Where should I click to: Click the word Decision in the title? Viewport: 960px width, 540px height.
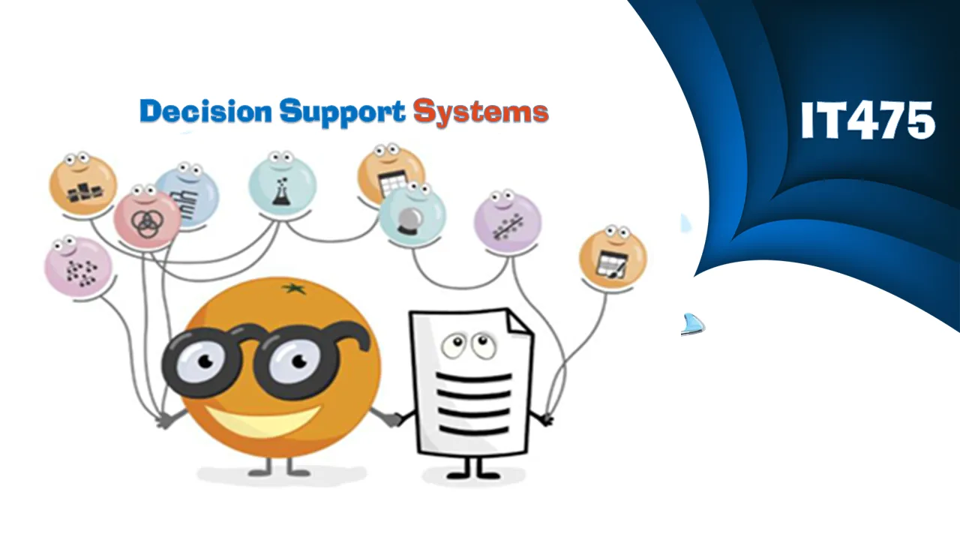(205, 112)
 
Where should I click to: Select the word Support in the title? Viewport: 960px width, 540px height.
(342, 113)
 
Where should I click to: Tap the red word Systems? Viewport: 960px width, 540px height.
(481, 113)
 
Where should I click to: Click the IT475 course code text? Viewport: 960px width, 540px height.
(868, 120)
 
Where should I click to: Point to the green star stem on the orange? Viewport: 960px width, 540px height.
(294, 289)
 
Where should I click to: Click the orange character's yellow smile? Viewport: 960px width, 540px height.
(262, 420)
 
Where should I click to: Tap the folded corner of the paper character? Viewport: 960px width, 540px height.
(520, 322)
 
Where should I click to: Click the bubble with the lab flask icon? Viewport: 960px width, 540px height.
(282, 184)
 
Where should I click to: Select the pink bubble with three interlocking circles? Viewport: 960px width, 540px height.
(147, 218)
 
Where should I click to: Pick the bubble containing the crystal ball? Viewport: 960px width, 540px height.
(412, 214)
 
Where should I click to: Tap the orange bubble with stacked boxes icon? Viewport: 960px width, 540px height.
(83, 184)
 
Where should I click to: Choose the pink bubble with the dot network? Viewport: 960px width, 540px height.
(78, 266)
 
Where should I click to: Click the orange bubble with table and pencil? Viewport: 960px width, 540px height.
(613, 257)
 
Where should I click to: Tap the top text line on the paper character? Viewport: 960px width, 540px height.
(474, 378)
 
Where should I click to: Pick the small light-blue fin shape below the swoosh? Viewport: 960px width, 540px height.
(692, 324)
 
